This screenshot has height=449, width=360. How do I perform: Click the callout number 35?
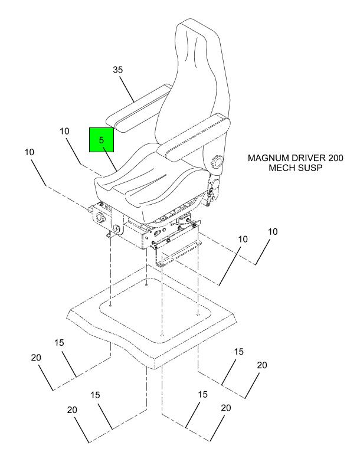coord(117,70)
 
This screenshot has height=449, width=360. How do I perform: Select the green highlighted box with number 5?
coord(102,140)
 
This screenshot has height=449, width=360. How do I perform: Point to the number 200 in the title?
coord(333,159)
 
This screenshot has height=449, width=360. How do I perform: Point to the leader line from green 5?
coord(110,158)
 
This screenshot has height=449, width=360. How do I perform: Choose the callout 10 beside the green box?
coord(65,130)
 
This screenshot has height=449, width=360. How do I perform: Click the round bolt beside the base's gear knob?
coord(116,228)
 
